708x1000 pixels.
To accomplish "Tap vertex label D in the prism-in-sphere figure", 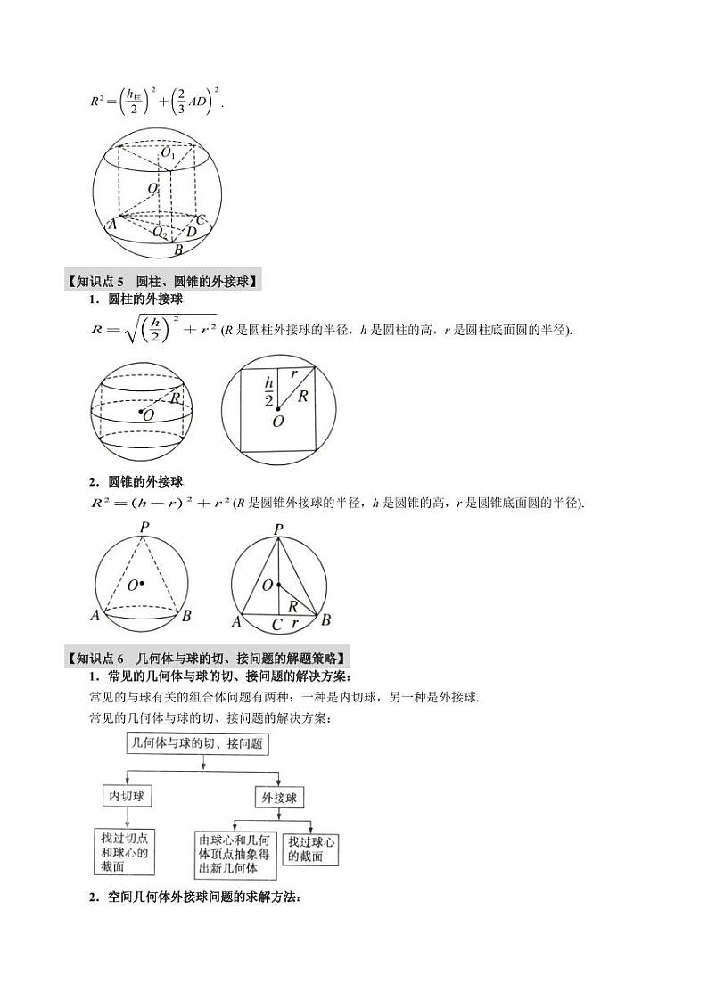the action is (x=192, y=232).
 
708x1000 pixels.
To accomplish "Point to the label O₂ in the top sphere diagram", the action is (x=158, y=232).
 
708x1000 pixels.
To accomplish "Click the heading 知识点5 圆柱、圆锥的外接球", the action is (x=162, y=283).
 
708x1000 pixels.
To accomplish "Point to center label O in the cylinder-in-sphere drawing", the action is (x=147, y=414).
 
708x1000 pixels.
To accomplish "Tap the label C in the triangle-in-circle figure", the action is (x=277, y=625).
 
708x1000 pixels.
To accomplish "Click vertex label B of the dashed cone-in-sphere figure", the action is (x=187, y=616).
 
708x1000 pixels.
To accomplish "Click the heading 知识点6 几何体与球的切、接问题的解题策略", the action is (x=207, y=659).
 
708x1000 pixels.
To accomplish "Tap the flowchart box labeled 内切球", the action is (x=126, y=797).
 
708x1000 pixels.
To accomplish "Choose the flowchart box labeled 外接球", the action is (x=279, y=797).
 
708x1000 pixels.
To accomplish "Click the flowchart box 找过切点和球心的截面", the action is (x=125, y=851).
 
